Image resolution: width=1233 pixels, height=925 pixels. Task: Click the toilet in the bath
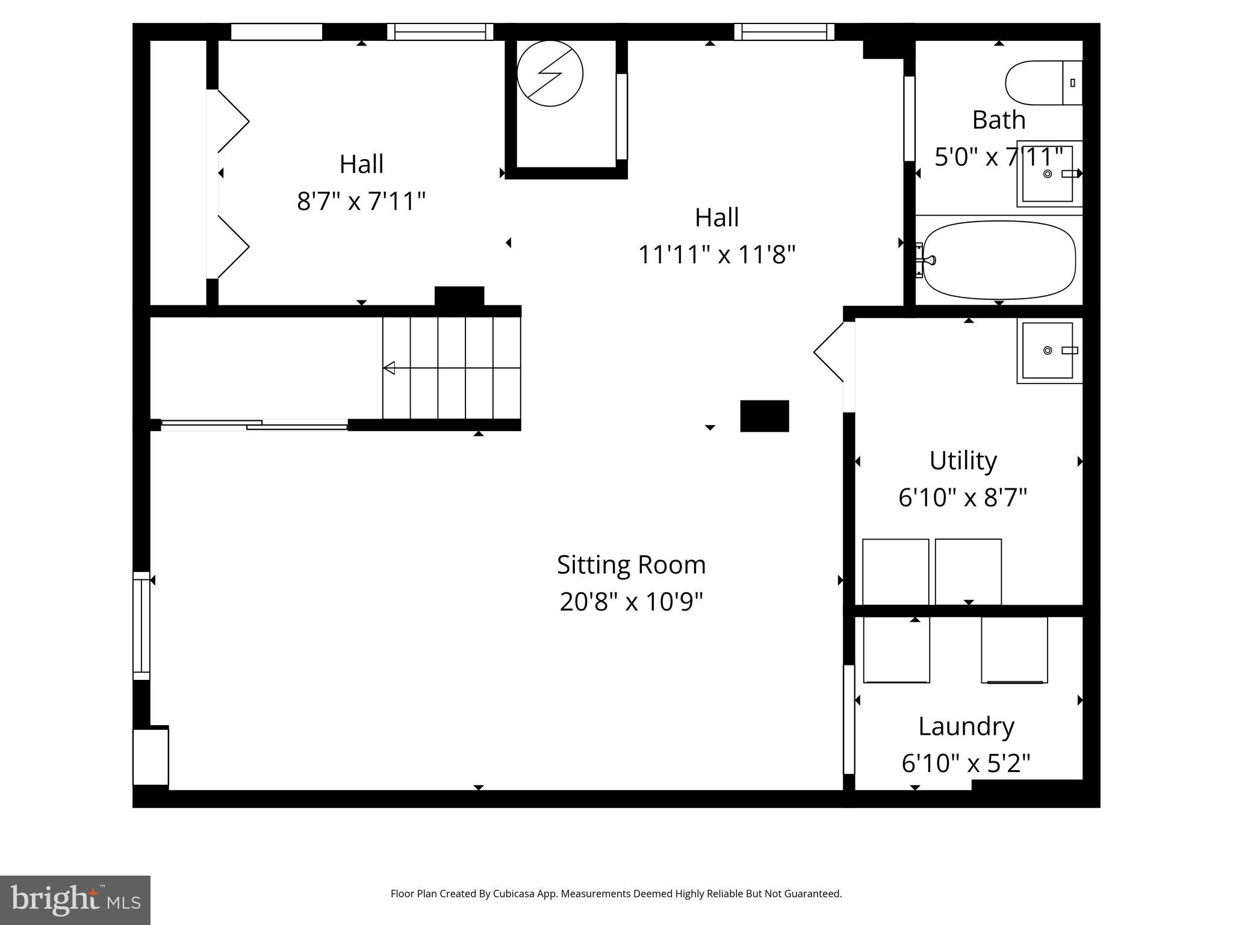click(1042, 83)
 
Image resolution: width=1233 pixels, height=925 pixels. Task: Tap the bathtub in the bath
click(999, 260)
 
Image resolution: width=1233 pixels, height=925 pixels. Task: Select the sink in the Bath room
click(1048, 174)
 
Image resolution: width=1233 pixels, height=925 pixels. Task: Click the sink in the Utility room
click(1048, 350)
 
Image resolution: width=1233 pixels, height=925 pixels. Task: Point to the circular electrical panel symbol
click(550, 73)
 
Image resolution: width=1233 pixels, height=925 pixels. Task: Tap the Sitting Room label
click(631, 565)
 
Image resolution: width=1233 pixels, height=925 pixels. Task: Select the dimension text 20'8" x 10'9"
click(631, 602)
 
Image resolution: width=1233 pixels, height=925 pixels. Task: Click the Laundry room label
click(966, 726)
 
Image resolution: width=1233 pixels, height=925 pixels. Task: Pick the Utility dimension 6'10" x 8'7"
click(962, 498)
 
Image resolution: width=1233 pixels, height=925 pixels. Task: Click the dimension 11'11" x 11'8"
click(716, 255)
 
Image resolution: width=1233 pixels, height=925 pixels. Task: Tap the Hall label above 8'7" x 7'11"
click(361, 164)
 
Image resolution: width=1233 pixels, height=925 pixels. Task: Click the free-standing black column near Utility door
click(764, 416)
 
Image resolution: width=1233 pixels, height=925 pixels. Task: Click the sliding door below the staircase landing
click(254, 425)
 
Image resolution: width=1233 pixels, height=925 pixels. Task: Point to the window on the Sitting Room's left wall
click(141, 625)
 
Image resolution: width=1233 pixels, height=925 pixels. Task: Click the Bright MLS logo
click(75, 900)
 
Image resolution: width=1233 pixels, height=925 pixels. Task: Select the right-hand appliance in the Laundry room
click(1014, 650)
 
